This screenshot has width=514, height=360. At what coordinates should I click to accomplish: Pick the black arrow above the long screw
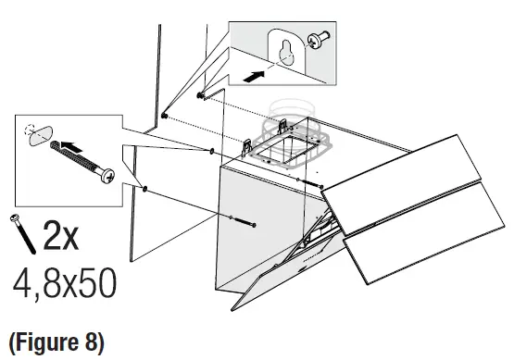(78, 145)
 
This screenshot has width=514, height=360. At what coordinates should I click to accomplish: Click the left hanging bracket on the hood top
(248, 146)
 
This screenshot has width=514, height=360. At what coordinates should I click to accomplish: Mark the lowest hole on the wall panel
(147, 189)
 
